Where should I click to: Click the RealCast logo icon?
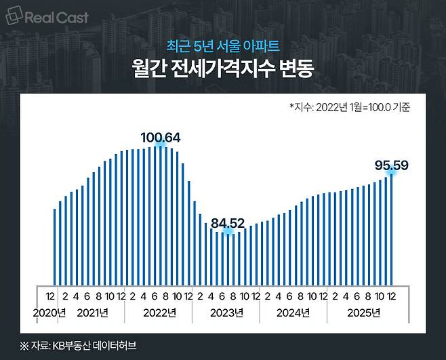pyautogui.click(x=14, y=16)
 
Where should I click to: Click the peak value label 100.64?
pyautogui.click(x=161, y=138)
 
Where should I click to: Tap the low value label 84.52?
pyautogui.click(x=228, y=224)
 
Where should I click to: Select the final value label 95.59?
pyautogui.click(x=391, y=165)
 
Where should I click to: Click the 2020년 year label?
pyautogui.click(x=49, y=313)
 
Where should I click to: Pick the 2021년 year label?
pyautogui.click(x=92, y=313)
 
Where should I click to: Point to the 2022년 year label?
pyautogui.click(x=159, y=313)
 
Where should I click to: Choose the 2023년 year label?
pyautogui.click(x=226, y=313)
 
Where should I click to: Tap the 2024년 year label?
pyautogui.click(x=293, y=313)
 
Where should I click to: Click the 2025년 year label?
pyautogui.click(x=364, y=313)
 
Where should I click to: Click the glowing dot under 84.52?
pyautogui.click(x=228, y=231)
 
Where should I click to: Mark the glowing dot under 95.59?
pyautogui.click(x=391, y=173)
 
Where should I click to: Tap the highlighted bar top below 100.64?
pyautogui.click(x=161, y=146)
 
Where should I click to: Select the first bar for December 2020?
pyautogui.click(x=55, y=247)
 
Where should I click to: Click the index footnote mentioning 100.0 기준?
pyautogui.click(x=350, y=107)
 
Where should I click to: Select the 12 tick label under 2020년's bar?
pyautogui.click(x=50, y=296)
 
